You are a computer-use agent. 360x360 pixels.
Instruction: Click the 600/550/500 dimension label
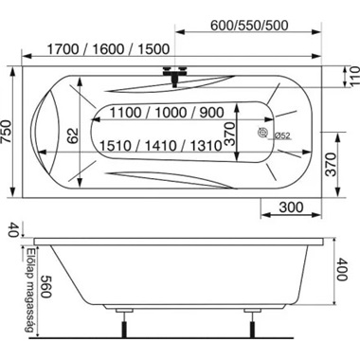pos(249,26)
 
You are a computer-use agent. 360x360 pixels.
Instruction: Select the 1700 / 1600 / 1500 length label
pos(108,49)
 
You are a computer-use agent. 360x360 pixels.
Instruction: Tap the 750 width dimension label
pos(8,132)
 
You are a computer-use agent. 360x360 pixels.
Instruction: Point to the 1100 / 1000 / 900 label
pos(167,113)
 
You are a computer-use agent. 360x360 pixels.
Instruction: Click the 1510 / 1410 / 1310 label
pos(161,146)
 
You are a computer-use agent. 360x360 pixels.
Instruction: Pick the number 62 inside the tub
pos(73,135)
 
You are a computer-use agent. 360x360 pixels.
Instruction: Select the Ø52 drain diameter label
pos(282,135)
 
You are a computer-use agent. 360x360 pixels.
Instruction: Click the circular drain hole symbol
pos(262,133)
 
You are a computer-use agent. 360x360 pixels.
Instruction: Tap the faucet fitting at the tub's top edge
pos(175,75)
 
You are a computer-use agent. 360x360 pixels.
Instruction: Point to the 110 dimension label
pos(354,76)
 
